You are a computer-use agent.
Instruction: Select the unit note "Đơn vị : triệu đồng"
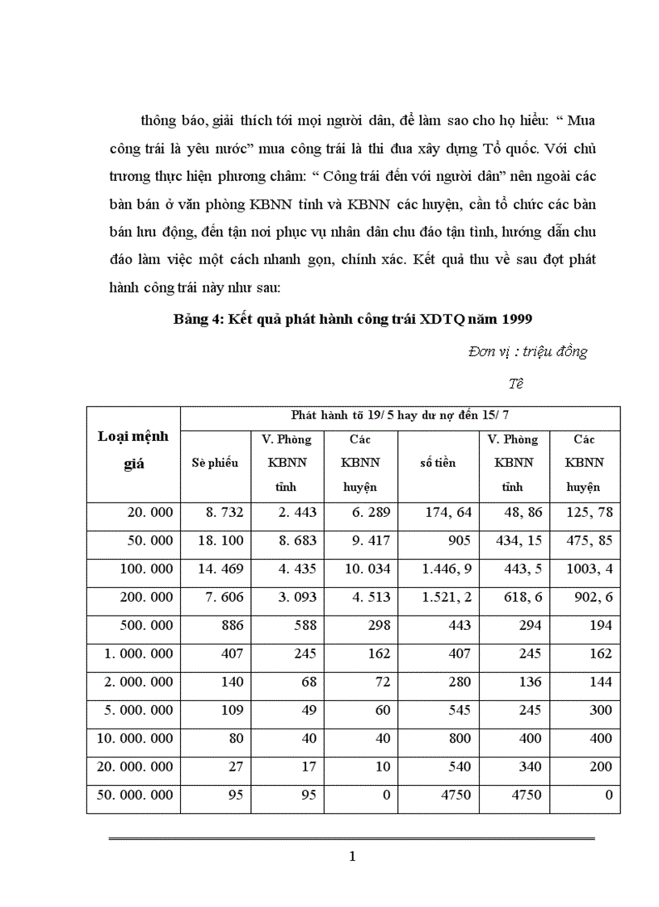click(527, 351)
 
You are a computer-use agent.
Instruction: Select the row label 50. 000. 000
click(135, 795)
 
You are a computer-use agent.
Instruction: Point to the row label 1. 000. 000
click(138, 653)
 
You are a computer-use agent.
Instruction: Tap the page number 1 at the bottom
click(352, 857)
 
